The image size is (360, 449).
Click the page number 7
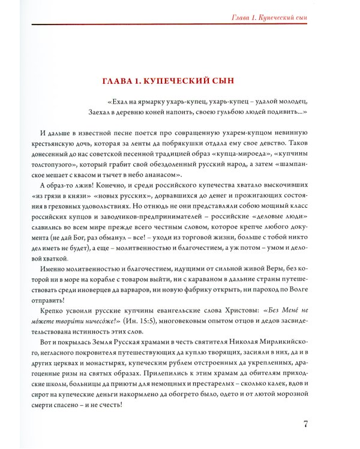point(306,424)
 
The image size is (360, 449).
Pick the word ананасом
point(158,175)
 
